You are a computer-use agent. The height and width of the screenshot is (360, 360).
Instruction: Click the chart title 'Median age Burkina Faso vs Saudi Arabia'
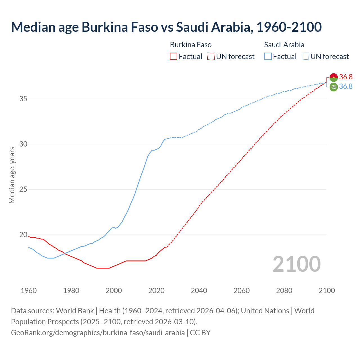(x=166, y=27)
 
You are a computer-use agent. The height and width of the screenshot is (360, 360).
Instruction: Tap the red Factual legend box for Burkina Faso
(x=174, y=57)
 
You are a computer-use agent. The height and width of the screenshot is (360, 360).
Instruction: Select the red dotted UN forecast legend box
(x=211, y=57)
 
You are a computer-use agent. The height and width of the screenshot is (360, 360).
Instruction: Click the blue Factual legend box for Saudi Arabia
(x=268, y=57)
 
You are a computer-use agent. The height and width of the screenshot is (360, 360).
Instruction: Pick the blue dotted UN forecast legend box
(x=305, y=57)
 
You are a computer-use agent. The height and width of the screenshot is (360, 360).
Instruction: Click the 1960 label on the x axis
(x=29, y=291)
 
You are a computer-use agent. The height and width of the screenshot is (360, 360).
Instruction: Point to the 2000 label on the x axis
(x=114, y=291)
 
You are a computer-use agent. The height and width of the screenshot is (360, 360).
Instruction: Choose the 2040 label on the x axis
(x=199, y=291)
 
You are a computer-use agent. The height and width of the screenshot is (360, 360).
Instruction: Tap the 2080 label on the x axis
(x=284, y=291)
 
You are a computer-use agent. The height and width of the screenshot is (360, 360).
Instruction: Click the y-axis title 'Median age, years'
(x=12, y=175)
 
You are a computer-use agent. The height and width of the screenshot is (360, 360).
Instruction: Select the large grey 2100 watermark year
(x=296, y=264)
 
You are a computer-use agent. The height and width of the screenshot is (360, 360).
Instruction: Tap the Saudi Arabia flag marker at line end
(x=334, y=87)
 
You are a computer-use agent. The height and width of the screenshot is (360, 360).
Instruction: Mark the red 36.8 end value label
(x=346, y=77)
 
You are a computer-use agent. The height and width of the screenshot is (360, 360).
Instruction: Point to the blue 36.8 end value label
(x=346, y=87)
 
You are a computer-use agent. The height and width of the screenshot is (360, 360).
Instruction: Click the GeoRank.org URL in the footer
(x=98, y=333)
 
